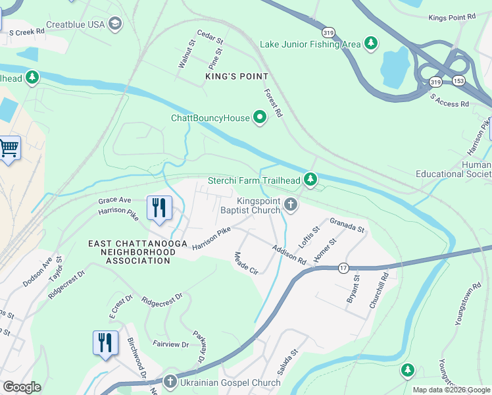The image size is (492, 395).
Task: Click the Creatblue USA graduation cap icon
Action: pyautogui.click(x=116, y=24)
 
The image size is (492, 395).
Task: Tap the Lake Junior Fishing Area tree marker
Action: pyautogui.click(x=371, y=43)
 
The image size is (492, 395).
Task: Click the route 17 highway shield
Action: pyautogui.click(x=343, y=267)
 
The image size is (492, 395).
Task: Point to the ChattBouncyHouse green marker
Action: pyautogui.click(x=260, y=118)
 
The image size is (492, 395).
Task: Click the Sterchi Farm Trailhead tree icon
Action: pyautogui.click(x=310, y=180)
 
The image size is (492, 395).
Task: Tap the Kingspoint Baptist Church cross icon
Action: pyautogui.click(x=291, y=206)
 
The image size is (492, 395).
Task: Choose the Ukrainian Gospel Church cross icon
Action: pyautogui.click(x=170, y=382)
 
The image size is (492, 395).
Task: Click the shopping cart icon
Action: pyautogui.click(x=9, y=148)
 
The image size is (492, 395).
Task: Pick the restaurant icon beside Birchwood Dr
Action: pyautogui.click(x=105, y=342)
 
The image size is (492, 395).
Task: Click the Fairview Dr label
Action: pyautogui.click(x=171, y=343)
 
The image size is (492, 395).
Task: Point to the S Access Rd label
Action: pyautogui.click(x=449, y=99)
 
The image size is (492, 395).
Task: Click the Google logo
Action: pyautogui.click(x=22, y=387)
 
